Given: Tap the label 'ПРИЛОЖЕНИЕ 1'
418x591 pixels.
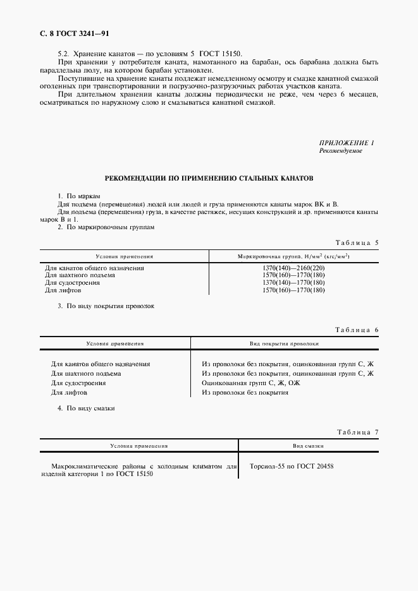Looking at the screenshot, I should pyautogui.click(x=347, y=143).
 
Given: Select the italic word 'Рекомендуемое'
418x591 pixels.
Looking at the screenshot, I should pyautogui.click(x=341, y=152).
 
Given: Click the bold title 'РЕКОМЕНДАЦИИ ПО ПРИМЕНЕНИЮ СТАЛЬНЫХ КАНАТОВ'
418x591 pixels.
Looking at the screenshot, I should pyautogui.click(x=209, y=179).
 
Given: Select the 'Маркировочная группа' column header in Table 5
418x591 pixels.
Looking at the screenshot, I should pyautogui.click(x=293, y=257).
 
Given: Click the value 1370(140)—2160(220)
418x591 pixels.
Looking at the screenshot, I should pyautogui.click(x=293, y=268).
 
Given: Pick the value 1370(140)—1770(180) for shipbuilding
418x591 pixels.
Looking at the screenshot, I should pyautogui.click(x=293, y=282).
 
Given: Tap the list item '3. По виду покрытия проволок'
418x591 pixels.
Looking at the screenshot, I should pyautogui.click(x=106, y=306).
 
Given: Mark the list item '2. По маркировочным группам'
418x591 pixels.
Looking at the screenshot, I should pyautogui.click(x=106, y=227).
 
